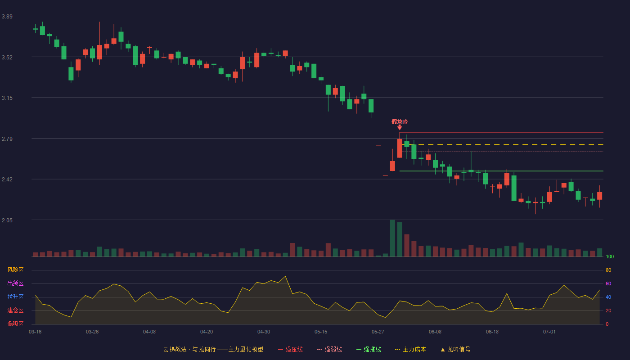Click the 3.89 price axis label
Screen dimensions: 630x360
coord(7,17)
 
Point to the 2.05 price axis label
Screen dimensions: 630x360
coord(7,220)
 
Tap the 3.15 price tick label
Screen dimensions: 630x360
coord(7,98)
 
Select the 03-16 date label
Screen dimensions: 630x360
coord(35,332)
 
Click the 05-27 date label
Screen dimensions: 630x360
coord(378,332)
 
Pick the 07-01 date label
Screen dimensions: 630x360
coord(549,332)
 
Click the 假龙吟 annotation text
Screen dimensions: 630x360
coord(400,122)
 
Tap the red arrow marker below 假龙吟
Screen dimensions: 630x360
coord(400,128)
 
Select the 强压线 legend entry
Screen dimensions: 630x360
coord(291,349)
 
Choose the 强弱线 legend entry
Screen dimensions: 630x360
coord(329,349)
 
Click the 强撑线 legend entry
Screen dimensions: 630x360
coord(369,349)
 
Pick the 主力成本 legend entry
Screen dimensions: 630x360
coord(410,349)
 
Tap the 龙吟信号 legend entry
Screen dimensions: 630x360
coord(455,349)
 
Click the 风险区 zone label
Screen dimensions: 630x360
coord(15,270)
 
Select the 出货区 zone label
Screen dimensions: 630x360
coord(15,283)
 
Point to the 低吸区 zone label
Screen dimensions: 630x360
coord(15,324)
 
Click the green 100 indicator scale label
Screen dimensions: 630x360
coord(610,256)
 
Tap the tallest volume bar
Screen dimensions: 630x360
coord(392,238)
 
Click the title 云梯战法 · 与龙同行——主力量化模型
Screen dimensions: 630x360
coord(213,349)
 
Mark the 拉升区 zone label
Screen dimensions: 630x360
coord(15,297)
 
